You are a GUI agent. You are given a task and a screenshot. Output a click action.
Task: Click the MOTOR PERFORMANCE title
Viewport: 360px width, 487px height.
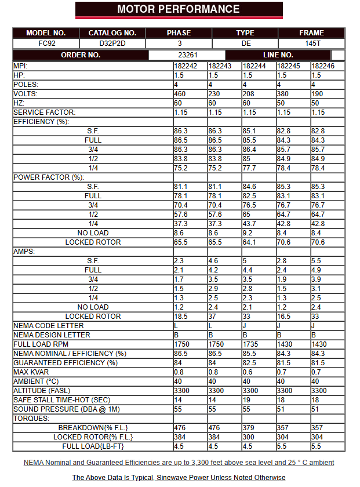point(179,9)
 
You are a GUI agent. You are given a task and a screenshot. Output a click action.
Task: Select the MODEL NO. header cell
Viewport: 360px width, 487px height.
point(46,33)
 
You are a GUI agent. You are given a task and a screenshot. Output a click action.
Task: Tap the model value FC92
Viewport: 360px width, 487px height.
point(46,43)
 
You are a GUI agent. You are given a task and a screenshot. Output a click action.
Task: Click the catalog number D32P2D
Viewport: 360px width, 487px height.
point(112,43)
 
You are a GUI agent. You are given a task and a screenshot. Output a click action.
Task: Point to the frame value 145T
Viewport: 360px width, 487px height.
point(312,43)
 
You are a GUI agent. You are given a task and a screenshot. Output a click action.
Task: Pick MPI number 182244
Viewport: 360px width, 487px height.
point(254,66)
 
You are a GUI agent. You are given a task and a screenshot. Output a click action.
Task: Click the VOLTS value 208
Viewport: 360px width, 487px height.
point(249,94)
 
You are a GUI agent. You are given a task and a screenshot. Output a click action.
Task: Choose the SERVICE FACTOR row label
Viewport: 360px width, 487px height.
point(45,112)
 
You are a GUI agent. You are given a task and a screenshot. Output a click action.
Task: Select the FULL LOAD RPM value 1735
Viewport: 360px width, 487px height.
point(251,344)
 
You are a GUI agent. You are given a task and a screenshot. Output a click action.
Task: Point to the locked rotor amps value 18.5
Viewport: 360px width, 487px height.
point(180,317)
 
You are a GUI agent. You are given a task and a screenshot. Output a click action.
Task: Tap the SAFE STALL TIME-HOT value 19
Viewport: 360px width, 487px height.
point(246,400)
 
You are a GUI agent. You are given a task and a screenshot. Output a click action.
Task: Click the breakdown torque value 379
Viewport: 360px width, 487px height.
point(249,428)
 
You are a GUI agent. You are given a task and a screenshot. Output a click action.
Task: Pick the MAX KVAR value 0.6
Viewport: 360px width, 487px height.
point(248,372)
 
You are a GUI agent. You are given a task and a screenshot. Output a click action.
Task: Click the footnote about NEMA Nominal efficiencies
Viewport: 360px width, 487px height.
point(179,463)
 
